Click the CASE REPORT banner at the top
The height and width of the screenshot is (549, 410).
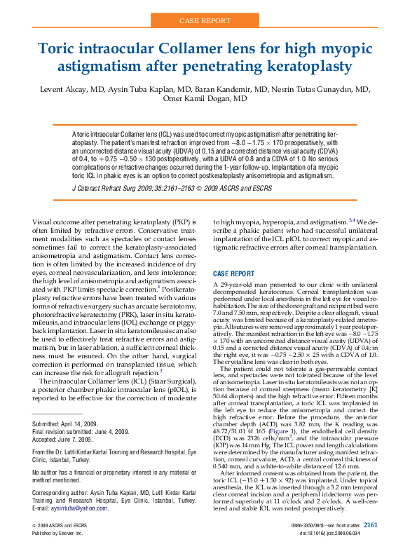(205, 22)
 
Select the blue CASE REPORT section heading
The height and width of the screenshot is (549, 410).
(234, 273)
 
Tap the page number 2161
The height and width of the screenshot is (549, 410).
(371, 524)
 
